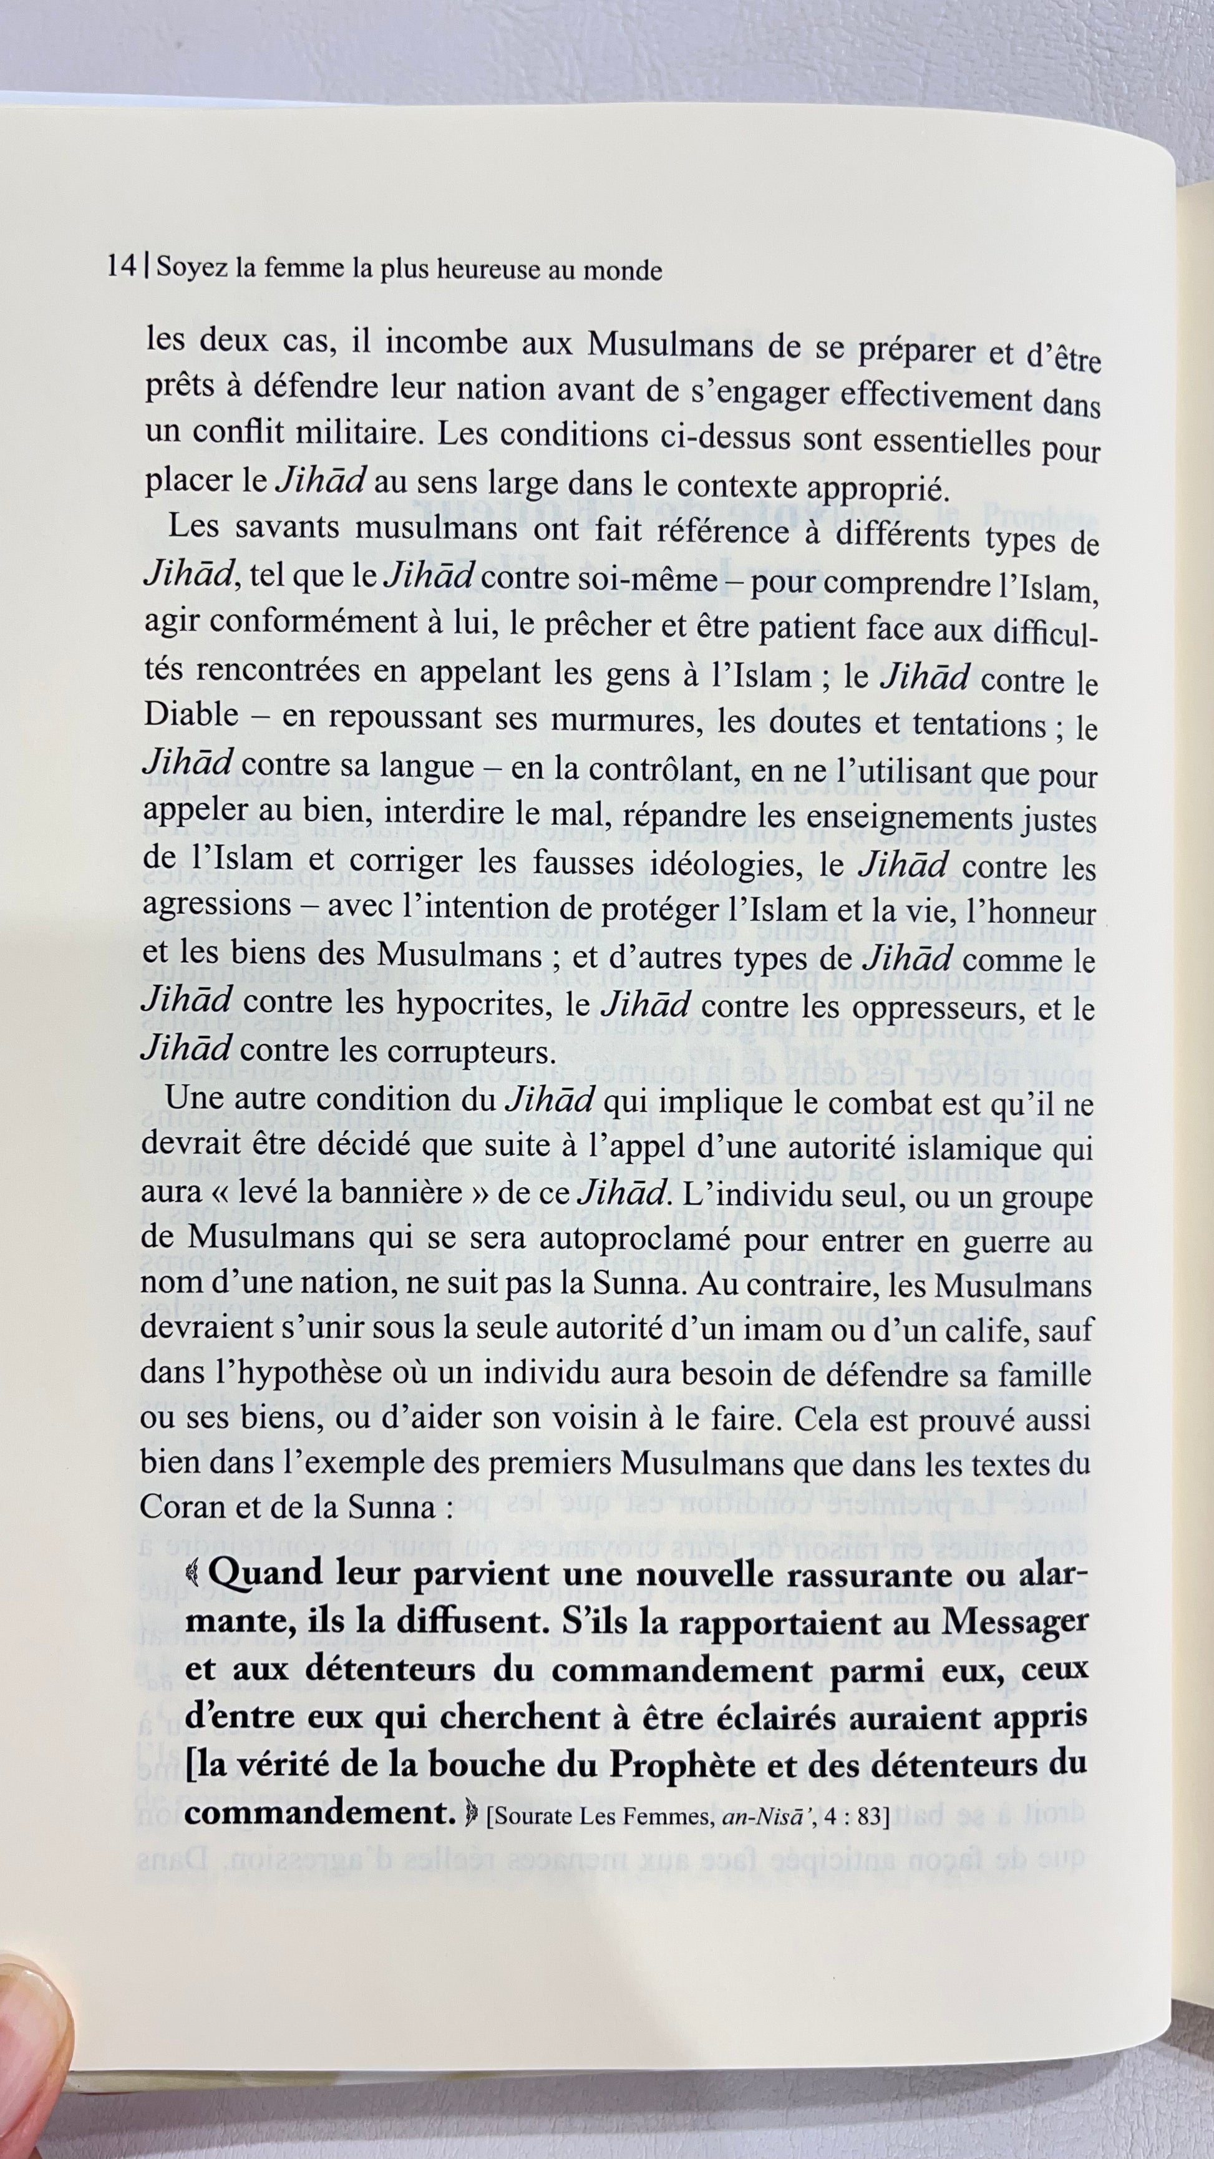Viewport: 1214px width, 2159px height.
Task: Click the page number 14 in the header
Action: (122, 267)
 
